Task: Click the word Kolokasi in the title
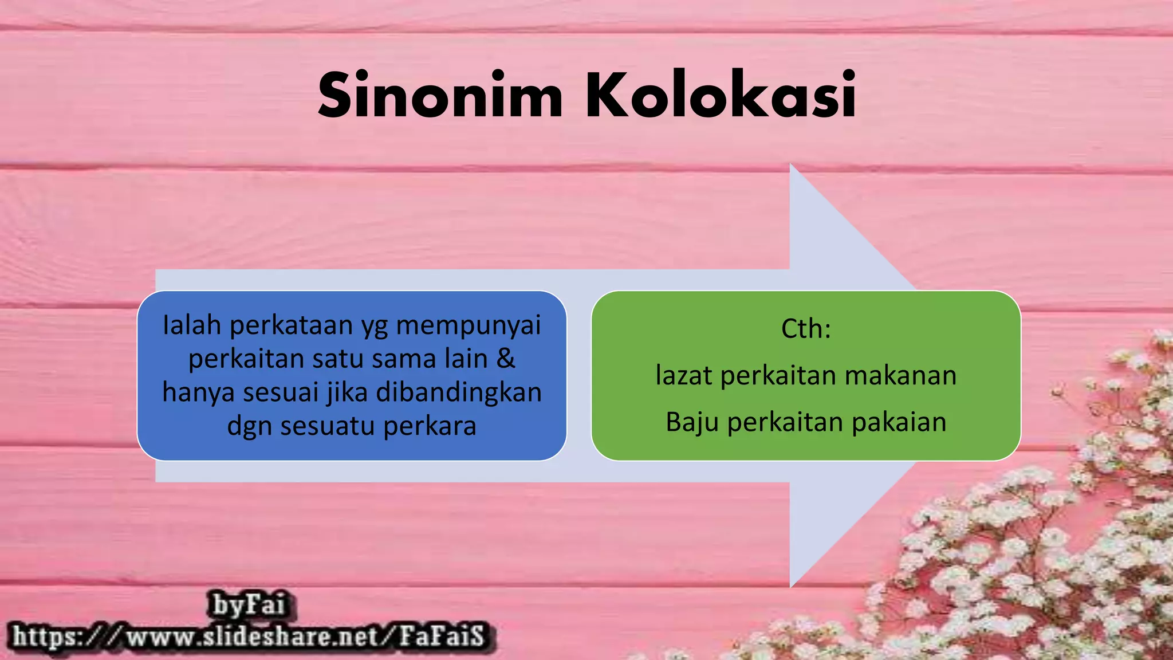720,95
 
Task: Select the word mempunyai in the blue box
468,326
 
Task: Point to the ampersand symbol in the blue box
506,359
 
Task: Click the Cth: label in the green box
806,329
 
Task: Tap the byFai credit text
249,605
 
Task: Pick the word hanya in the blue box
199,393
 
